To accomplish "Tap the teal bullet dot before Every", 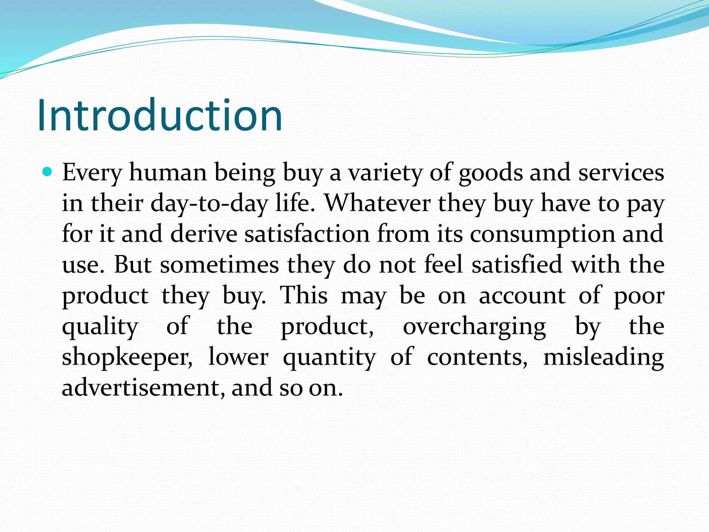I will click(47, 171).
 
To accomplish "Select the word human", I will click(168, 172).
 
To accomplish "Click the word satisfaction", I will click(307, 234).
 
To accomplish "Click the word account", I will click(522, 296).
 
